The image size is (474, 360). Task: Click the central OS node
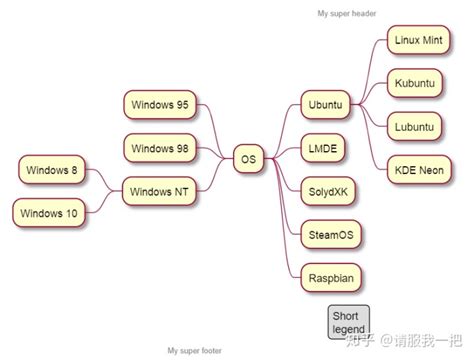(x=248, y=158)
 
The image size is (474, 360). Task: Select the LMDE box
(x=323, y=149)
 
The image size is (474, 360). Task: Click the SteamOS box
(x=329, y=234)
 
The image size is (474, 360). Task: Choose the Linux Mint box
(x=417, y=41)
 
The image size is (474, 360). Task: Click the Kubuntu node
(x=413, y=83)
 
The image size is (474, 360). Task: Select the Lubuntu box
(x=413, y=127)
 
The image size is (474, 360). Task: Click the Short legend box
(x=349, y=322)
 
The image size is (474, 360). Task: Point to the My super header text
(x=346, y=14)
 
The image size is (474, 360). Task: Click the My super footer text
(x=196, y=350)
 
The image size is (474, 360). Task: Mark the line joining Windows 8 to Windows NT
(x=106, y=180)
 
